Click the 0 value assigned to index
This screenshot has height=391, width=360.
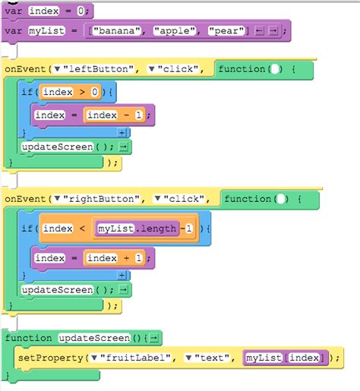[81, 11]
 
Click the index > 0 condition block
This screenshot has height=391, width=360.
[70, 93]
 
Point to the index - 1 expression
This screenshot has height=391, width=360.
[112, 115]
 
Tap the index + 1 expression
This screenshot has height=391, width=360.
[112, 258]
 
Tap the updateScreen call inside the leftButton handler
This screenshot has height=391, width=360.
[57, 147]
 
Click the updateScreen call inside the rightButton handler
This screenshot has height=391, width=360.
[57, 290]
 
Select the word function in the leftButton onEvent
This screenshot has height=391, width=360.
[242, 70]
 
